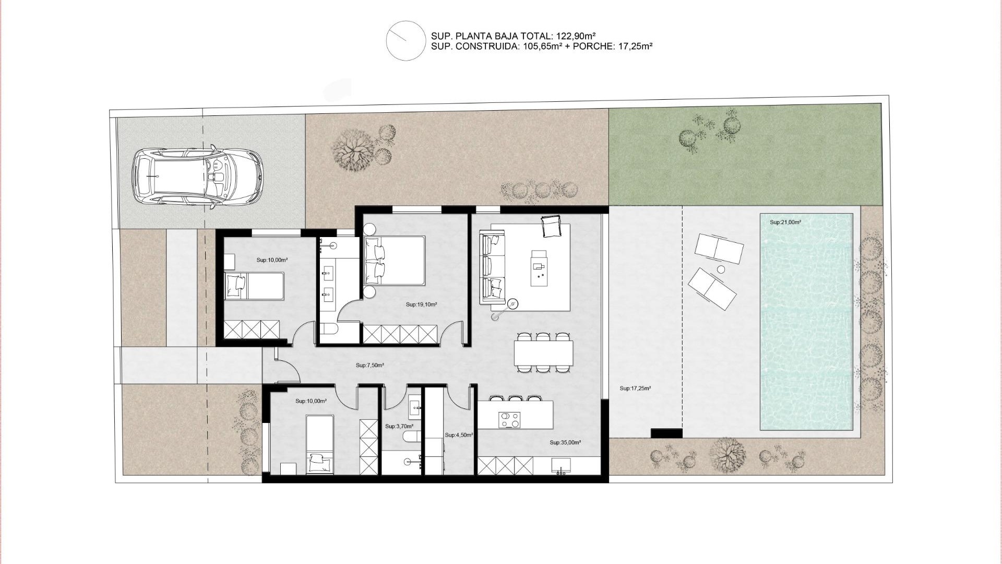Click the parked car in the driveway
click(197, 177)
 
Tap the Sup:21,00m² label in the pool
click(785, 222)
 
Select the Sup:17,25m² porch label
click(635, 389)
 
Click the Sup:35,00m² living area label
click(565, 443)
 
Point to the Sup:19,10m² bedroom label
click(421, 304)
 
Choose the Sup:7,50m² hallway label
click(369, 366)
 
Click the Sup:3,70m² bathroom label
click(399, 427)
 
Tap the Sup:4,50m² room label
click(459, 435)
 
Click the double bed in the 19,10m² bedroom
click(395, 261)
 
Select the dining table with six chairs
click(543, 353)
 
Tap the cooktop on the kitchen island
click(509, 419)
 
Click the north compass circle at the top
click(405, 40)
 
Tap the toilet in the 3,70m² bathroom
click(411, 438)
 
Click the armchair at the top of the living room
click(551, 226)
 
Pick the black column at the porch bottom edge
click(666, 433)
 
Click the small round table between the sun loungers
click(721, 269)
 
